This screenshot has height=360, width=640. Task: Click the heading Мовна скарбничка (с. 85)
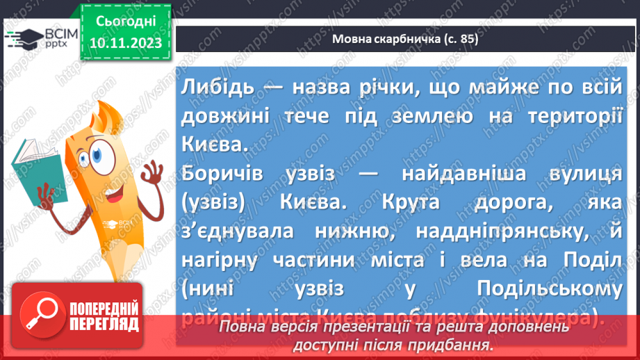405,40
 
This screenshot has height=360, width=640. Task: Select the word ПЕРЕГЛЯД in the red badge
103,324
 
